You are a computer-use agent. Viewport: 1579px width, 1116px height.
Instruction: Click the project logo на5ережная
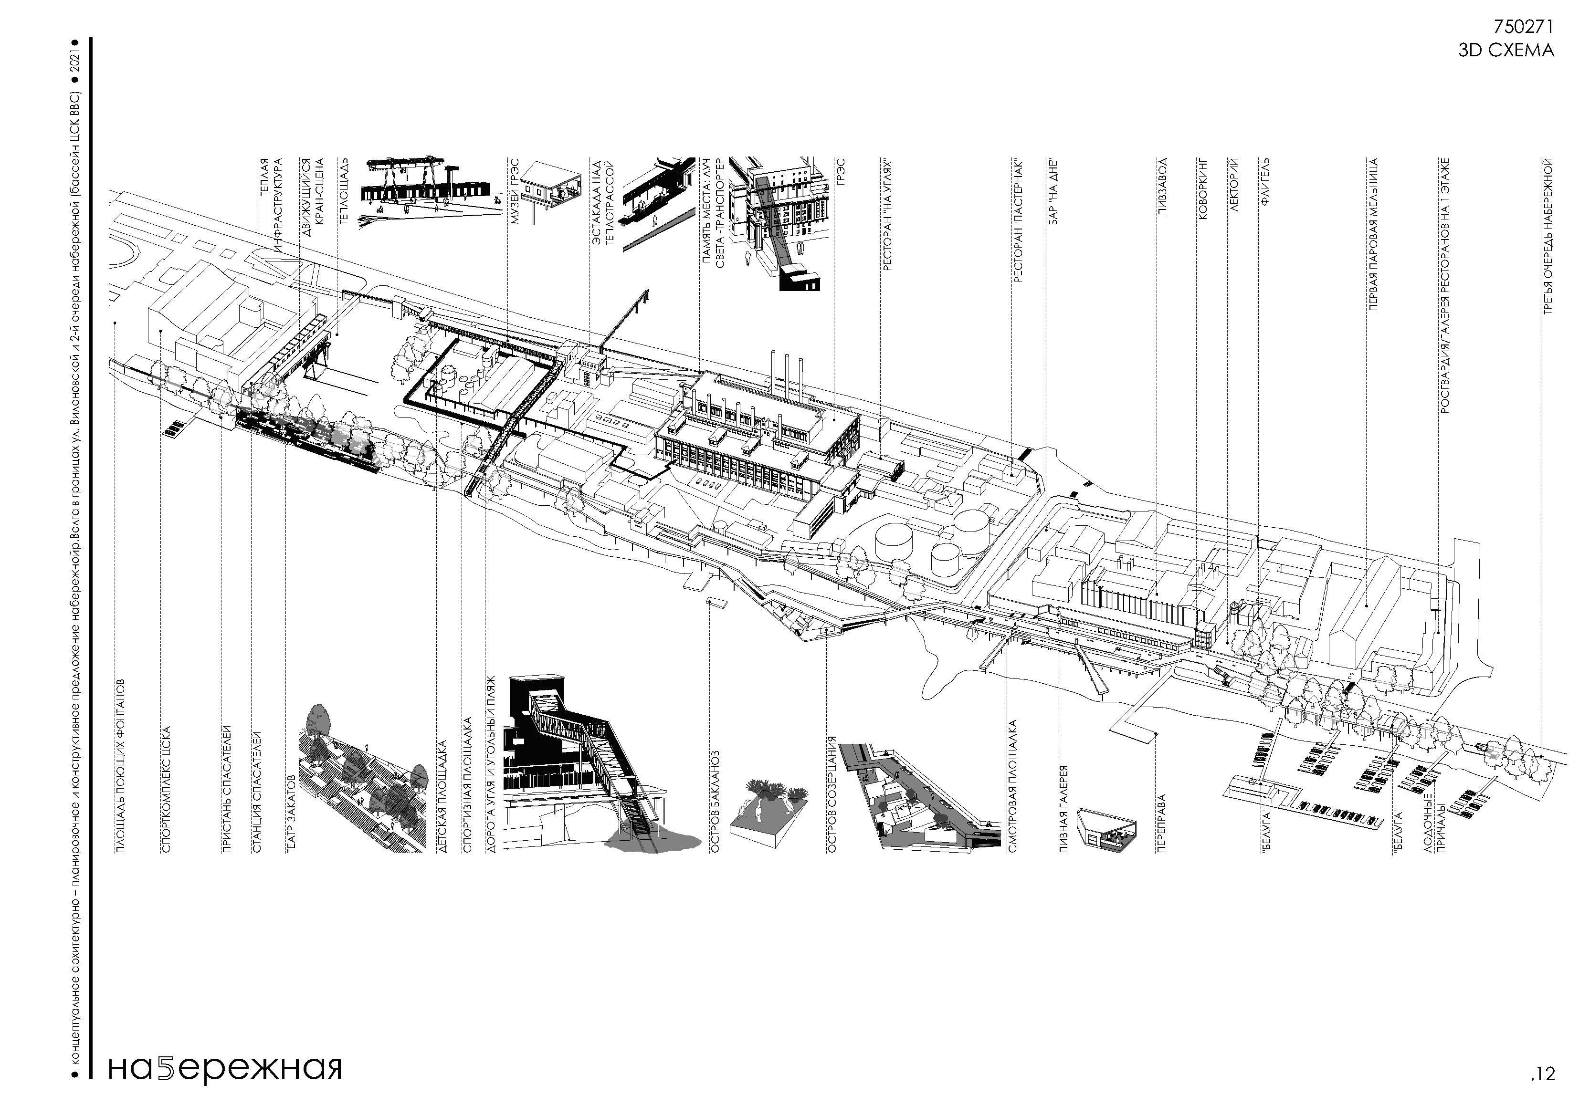tap(225, 1068)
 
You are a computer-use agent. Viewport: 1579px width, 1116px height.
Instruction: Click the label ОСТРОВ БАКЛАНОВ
tap(715, 802)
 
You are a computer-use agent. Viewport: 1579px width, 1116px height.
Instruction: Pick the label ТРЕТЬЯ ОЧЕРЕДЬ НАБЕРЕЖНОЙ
tap(1547, 237)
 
